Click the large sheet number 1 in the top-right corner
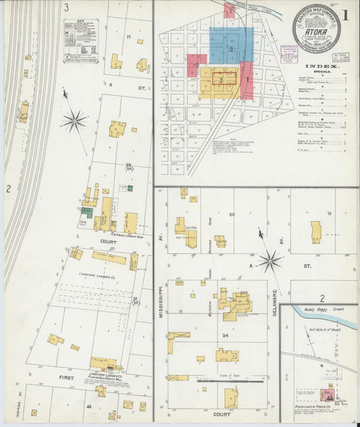tap(345, 14)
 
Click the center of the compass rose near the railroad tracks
tap(74, 122)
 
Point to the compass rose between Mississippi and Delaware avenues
tap(270, 259)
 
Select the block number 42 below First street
tap(88, 407)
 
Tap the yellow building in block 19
tap(315, 230)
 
